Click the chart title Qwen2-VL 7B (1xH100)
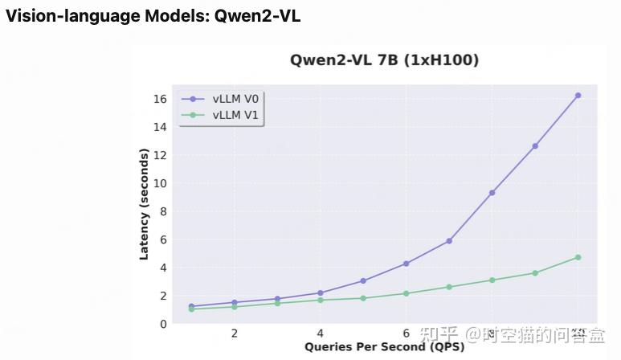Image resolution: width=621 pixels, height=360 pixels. tap(383, 60)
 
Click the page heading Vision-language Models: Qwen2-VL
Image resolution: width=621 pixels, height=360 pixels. tap(153, 16)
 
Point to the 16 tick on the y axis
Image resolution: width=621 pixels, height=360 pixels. tap(159, 99)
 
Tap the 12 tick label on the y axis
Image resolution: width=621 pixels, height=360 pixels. tap(159, 155)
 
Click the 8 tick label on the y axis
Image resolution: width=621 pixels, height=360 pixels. tap(162, 211)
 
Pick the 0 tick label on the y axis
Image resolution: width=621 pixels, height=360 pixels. tap(162, 324)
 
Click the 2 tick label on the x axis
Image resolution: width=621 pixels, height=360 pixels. tap(234, 333)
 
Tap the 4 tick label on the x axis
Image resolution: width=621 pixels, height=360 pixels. tap(320, 333)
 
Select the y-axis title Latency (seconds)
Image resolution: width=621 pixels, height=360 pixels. tap(145, 202)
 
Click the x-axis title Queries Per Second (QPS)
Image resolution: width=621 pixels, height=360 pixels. tap(384, 347)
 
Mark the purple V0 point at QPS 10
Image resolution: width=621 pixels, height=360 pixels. tap(578, 95)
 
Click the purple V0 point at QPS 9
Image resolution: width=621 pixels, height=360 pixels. tap(535, 146)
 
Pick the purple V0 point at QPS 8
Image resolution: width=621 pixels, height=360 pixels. tap(492, 193)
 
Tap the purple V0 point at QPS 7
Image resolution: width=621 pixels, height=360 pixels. tap(449, 241)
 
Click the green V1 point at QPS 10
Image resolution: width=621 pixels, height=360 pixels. tap(578, 257)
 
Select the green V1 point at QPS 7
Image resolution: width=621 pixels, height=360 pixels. tap(449, 287)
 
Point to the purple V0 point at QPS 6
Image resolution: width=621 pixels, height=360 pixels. tap(406, 264)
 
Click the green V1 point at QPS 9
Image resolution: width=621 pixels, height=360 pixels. tap(535, 273)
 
